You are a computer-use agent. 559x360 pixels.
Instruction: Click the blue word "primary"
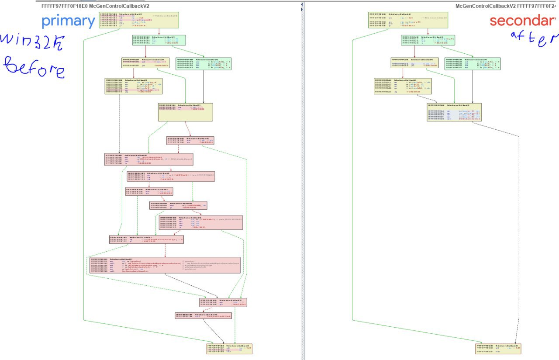[x=68, y=21]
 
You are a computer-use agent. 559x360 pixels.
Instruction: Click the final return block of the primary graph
[x=229, y=348]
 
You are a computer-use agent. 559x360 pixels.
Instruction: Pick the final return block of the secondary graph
[x=498, y=348]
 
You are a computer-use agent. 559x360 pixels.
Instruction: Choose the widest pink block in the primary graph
[x=165, y=265]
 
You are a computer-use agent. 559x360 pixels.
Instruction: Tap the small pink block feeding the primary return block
[x=203, y=315]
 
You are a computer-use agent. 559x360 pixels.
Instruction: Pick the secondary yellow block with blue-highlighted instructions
[x=454, y=112]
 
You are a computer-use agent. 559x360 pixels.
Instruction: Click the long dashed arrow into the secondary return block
[x=518, y=218]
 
